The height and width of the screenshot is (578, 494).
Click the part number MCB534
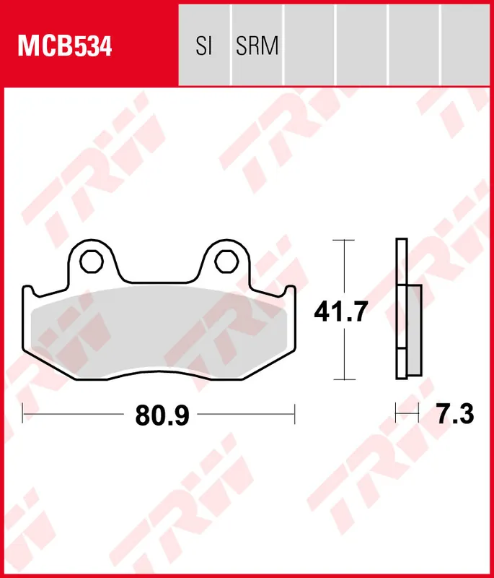[65, 46]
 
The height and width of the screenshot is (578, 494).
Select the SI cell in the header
[203, 46]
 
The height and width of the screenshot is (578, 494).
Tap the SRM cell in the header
[257, 46]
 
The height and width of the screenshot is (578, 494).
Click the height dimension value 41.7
[340, 312]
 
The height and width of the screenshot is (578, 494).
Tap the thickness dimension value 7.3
[454, 415]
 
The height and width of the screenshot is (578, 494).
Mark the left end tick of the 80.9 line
[23, 415]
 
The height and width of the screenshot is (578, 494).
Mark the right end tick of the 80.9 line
[295, 415]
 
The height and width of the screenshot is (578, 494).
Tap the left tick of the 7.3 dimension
[396, 415]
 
